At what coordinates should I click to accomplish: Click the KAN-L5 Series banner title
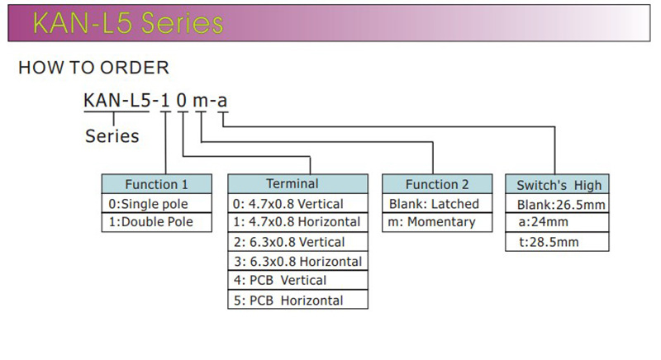[x=127, y=23]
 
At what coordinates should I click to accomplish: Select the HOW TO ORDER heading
[x=93, y=68]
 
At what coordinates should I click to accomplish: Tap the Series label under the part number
[x=112, y=136]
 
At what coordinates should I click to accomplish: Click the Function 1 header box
[x=156, y=184]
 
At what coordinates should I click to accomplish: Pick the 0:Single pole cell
[x=156, y=203]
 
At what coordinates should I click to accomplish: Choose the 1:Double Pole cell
[x=156, y=222]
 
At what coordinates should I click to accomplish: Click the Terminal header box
[x=297, y=183]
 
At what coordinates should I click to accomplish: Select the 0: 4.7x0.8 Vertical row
[x=297, y=203]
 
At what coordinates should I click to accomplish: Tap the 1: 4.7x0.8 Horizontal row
[x=297, y=222]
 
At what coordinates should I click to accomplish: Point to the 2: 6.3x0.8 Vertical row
[x=297, y=242]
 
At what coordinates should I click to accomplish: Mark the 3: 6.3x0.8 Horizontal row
[x=297, y=261]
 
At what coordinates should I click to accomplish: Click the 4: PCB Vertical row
[x=297, y=281]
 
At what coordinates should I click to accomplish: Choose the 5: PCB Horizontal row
[x=297, y=301]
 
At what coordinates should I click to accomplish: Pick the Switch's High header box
[x=558, y=184]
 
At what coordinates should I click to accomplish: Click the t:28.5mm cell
[x=558, y=242]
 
